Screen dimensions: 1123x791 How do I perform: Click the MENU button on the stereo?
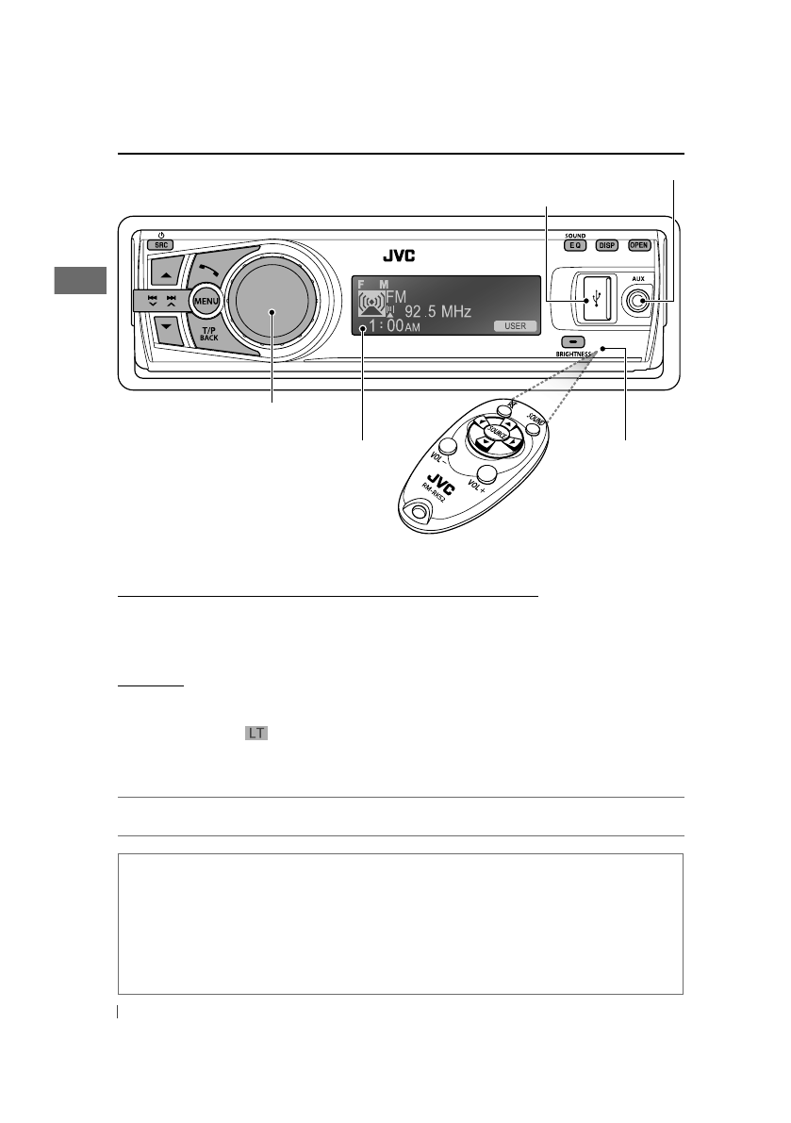[x=206, y=301]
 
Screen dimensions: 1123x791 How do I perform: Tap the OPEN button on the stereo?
[x=639, y=245]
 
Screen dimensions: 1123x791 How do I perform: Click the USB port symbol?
[x=597, y=301]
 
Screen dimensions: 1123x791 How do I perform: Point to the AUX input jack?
[x=640, y=301]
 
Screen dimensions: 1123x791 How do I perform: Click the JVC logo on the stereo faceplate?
[x=399, y=255]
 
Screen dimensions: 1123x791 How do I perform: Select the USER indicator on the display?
[x=515, y=326]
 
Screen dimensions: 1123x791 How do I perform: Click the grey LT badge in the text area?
[x=255, y=733]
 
